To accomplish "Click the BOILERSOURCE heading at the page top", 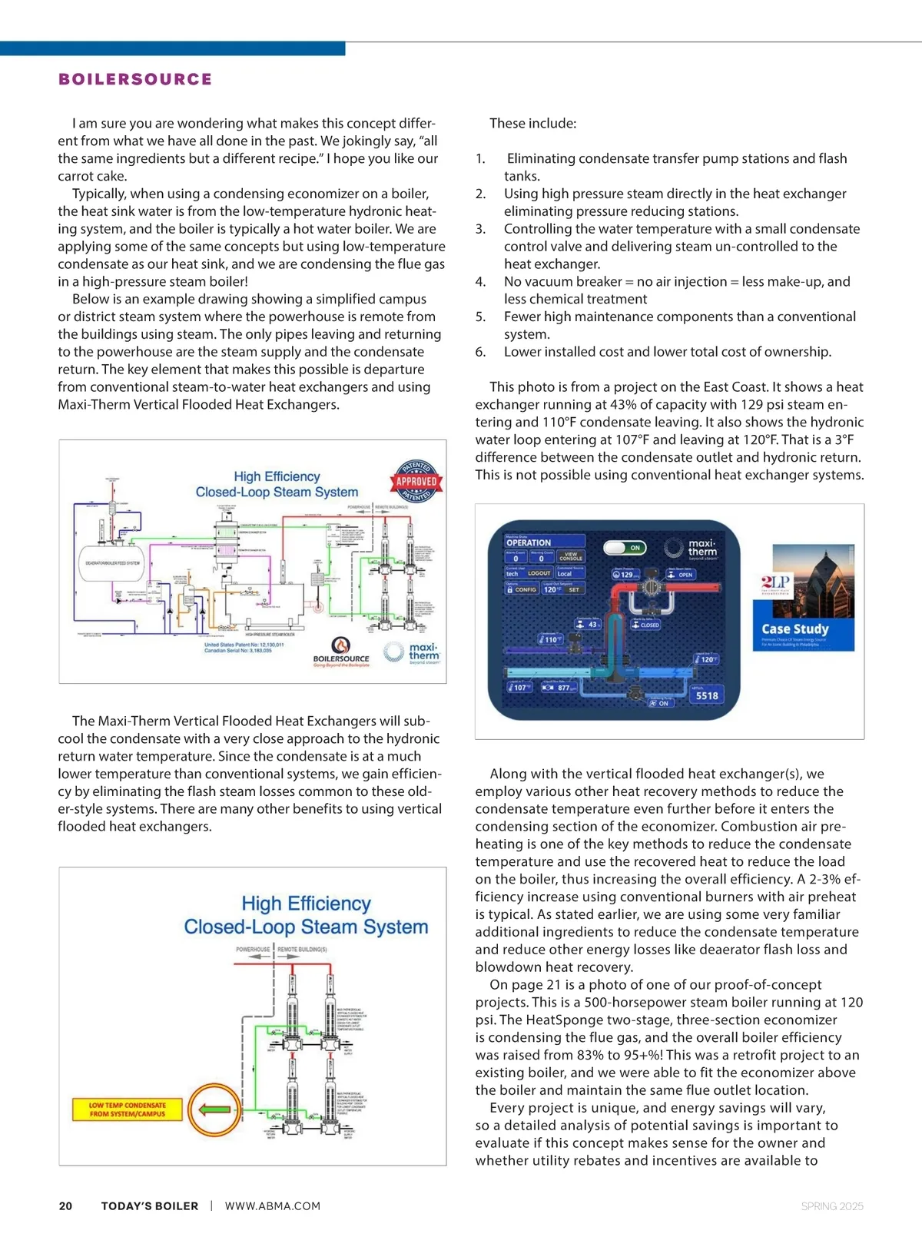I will [135, 79].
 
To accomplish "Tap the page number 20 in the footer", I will [66, 1206].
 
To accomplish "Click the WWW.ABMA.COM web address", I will [273, 1206].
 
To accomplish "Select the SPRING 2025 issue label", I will [832, 1206].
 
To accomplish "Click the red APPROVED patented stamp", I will [416, 482].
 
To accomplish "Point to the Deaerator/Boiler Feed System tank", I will [113, 563].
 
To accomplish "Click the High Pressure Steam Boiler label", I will [270, 635].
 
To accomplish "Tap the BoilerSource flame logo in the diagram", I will [340, 645].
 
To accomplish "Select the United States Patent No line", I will [244, 645].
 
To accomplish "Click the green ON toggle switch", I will [625, 548].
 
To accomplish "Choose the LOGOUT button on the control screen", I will [539, 573].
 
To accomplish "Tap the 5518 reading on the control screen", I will [707, 696].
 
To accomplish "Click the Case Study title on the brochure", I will [795, 628].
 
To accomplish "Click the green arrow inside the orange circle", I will [214, 1109].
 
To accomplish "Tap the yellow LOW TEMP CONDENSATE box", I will [128, 1109].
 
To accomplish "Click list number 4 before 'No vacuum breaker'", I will [480, 282].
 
